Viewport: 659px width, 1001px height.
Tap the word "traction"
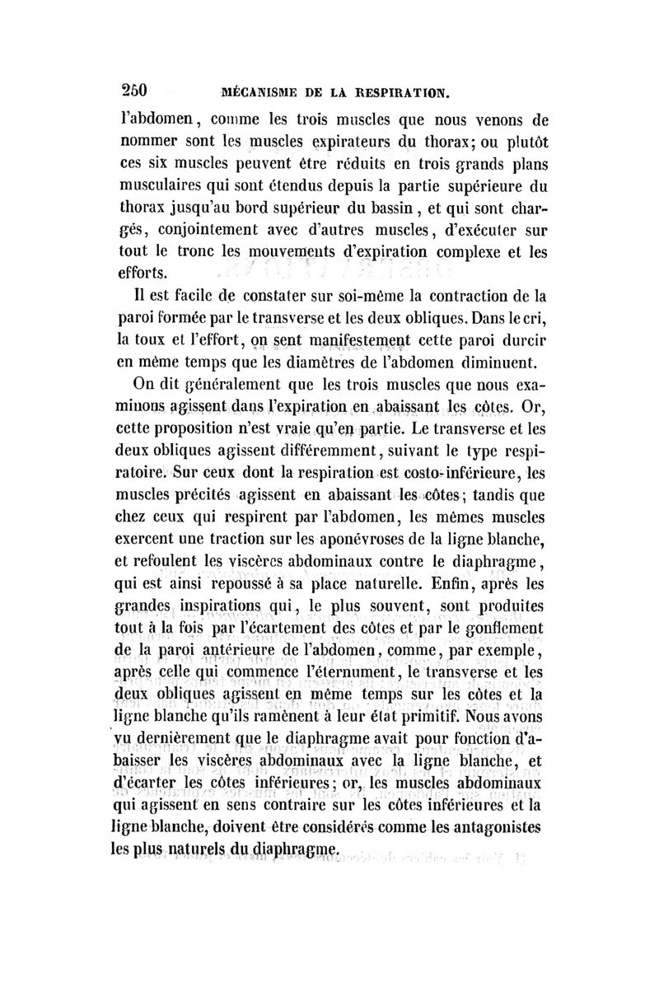[244, 540]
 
